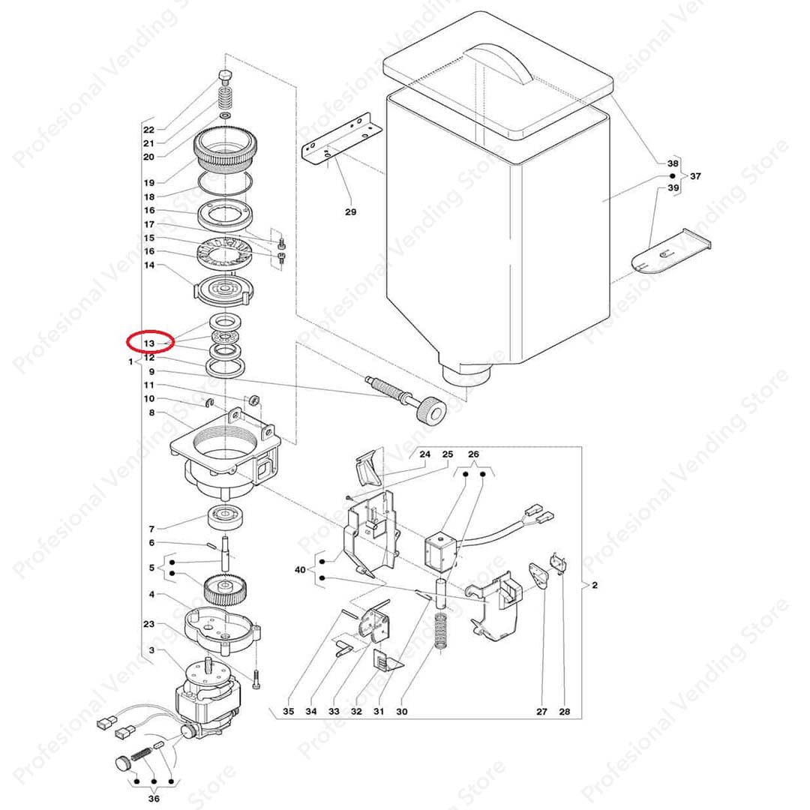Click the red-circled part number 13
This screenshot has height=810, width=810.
coord(148,343)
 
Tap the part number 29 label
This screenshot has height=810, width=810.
coord(351,211)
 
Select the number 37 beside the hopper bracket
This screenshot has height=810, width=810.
coord(695,176)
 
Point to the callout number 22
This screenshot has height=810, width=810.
coord(148,130)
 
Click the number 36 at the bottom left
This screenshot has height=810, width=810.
coord(154,799)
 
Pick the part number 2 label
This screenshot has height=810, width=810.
coord(595,585)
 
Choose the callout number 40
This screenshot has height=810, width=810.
coord(300,570)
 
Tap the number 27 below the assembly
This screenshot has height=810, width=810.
coord(541,711)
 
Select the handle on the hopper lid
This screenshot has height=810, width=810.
coord(499,62)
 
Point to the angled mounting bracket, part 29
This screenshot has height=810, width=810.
coord(341,140)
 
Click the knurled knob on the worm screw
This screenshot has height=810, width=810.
coord(430,410)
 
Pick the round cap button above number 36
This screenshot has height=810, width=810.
coord(122,763)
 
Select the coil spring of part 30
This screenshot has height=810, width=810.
coord(439,631)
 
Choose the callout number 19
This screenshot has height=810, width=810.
coord(148,182)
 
